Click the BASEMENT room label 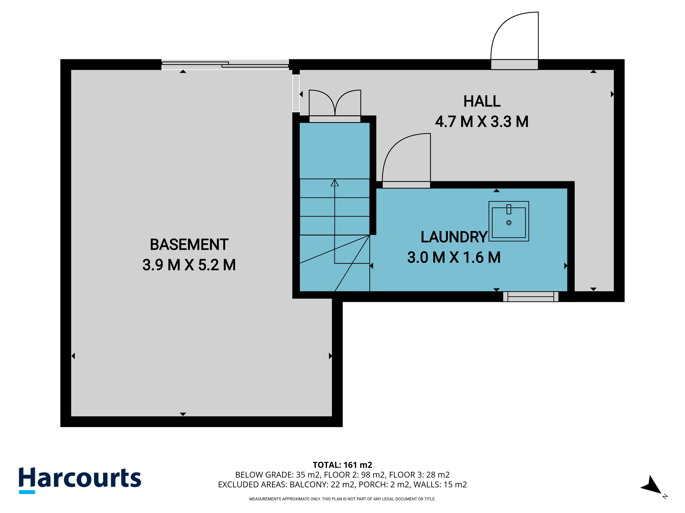click(189, 245)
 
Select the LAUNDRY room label click(454, 237)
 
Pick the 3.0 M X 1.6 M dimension click(454, 258)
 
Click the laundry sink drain click(509, 223)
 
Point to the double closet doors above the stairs click(335, 103)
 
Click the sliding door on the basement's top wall click(225, 64)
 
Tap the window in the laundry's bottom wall click(531, 297)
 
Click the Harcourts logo click(80, 480)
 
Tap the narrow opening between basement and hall click(296, 93)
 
